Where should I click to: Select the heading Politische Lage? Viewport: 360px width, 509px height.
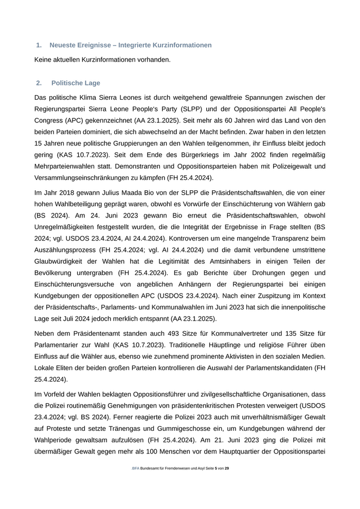point(76,83)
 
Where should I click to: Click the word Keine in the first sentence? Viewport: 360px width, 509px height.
point(44,60)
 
